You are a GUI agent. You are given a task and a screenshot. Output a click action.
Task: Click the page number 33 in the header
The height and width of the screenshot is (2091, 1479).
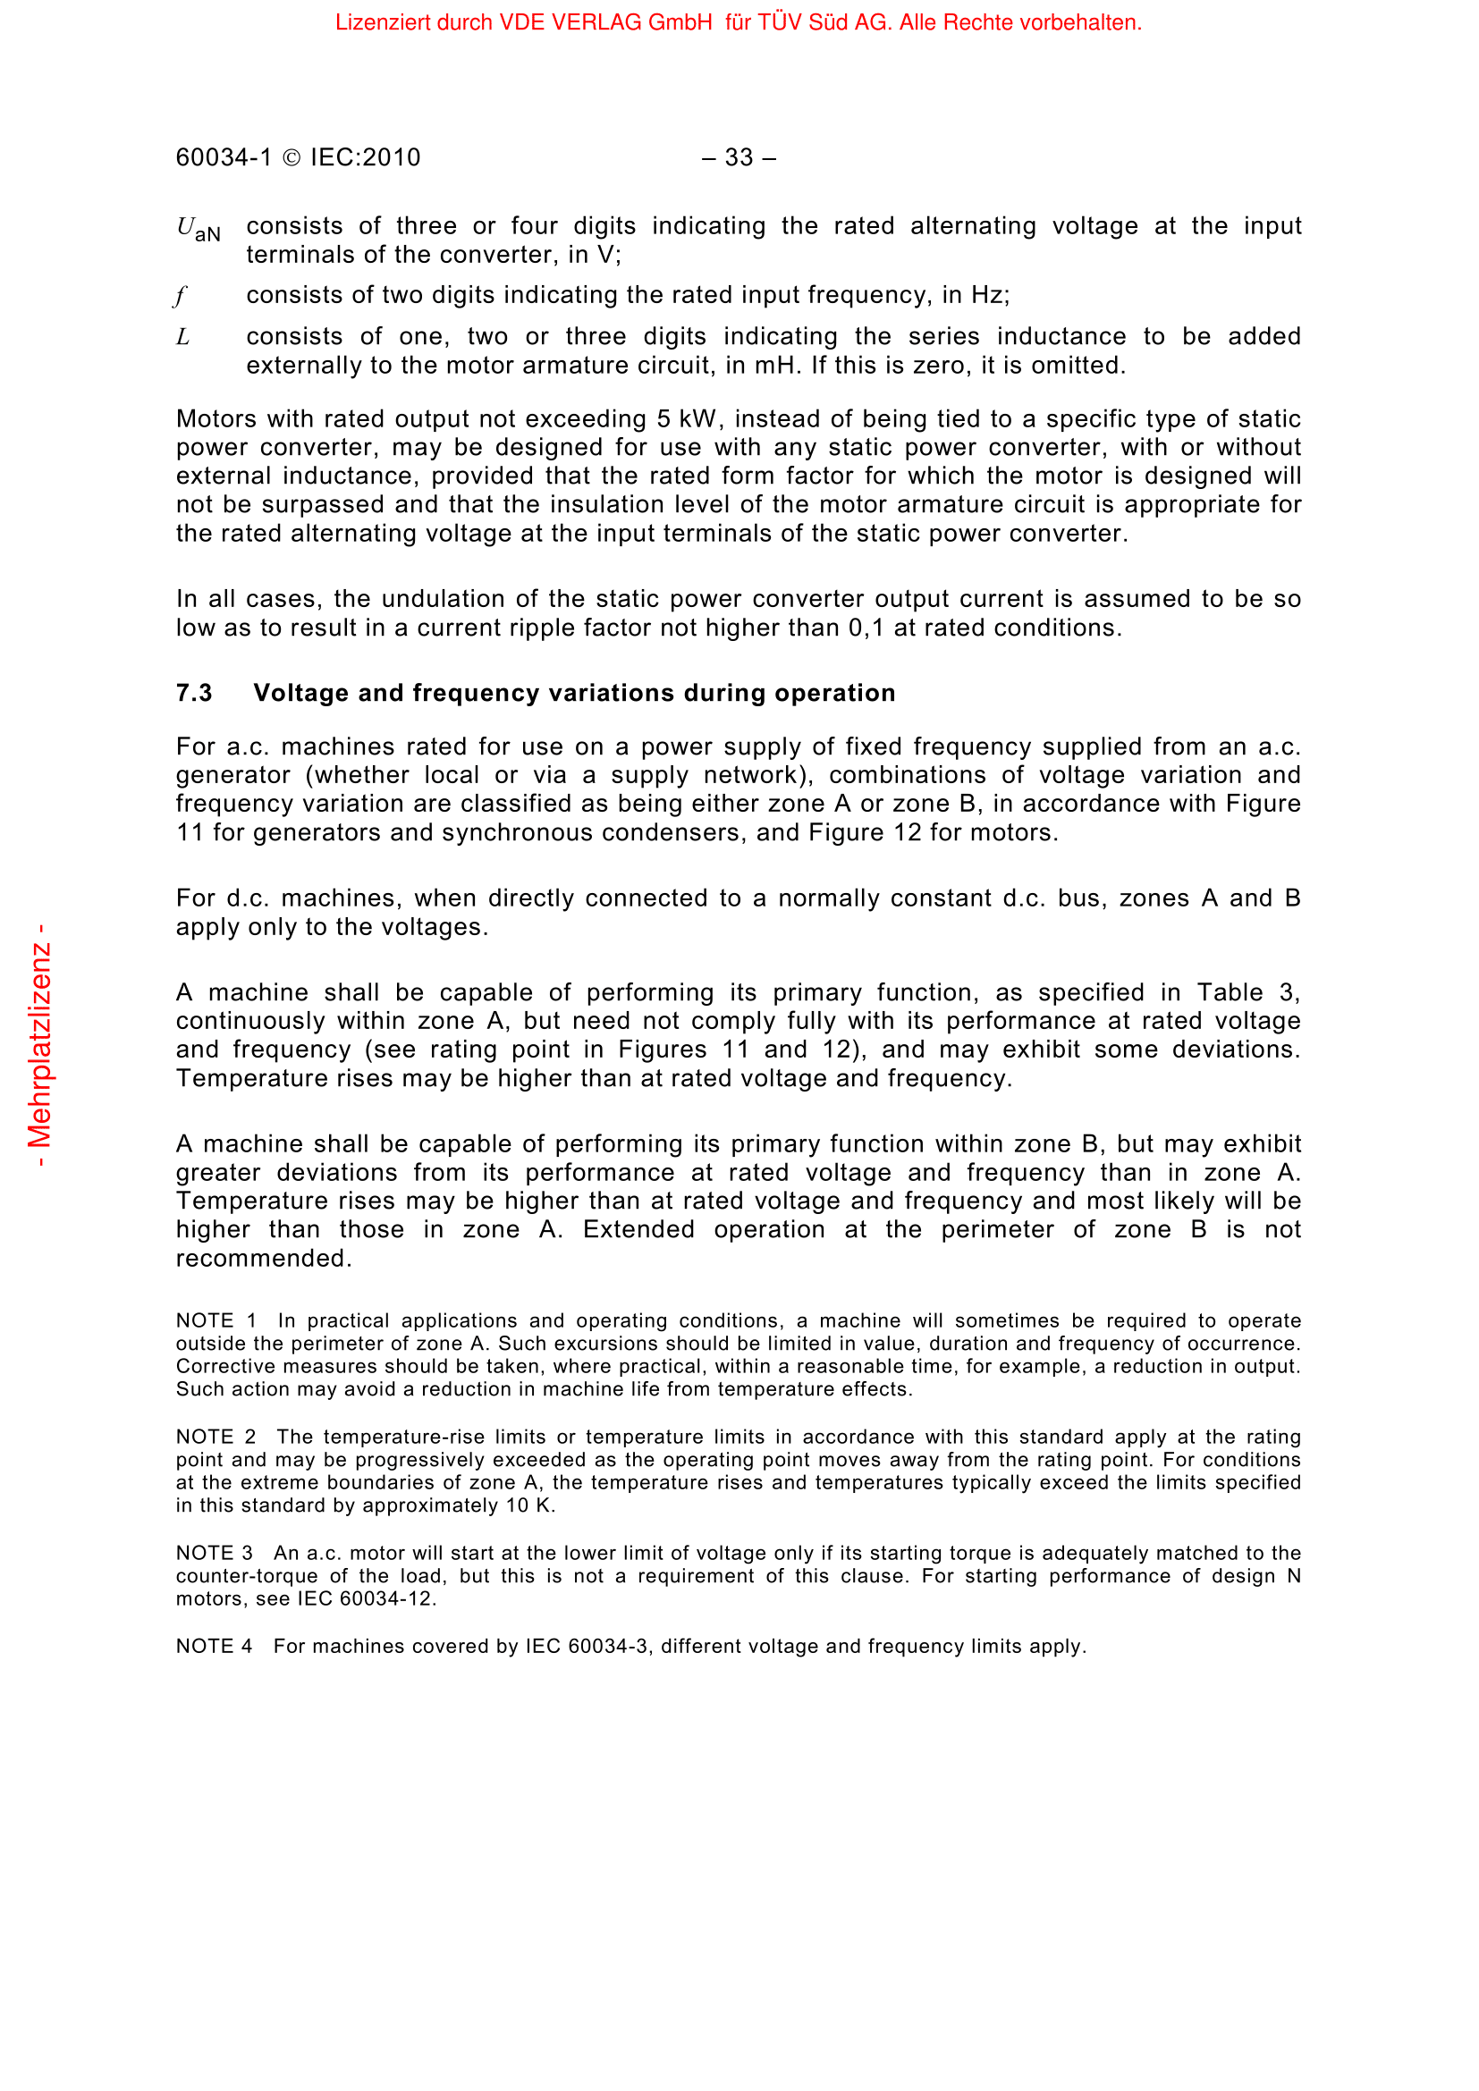tap(739, 157)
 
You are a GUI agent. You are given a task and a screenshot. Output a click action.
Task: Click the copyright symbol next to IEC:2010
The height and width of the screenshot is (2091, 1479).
tap(292, 157)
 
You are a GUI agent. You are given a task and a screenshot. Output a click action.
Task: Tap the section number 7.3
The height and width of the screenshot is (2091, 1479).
tap(194, 693)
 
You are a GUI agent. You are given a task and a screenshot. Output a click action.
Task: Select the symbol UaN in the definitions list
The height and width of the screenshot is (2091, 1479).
tap(198, 229)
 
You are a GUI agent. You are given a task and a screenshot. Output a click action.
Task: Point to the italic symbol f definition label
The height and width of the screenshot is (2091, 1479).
tap(181, 296)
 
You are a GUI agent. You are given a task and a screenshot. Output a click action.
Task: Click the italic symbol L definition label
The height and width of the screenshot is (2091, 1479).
tap(183, 337)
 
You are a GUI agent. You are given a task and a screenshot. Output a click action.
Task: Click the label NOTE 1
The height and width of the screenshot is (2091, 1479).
tap(216, 1320)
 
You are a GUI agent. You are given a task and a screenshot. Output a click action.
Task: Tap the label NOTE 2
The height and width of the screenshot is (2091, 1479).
tap(216, 1437)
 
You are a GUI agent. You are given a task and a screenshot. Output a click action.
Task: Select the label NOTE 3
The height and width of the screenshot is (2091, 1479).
tap(214, 1553)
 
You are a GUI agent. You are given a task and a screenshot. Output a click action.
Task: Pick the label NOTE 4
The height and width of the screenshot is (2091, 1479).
tap(214, 1647)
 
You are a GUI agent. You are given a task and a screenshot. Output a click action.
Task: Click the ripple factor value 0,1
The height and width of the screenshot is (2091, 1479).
tap(866, 628)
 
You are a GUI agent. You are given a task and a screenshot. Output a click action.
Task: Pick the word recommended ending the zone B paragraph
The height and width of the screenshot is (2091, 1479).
tap(262, 1259)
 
